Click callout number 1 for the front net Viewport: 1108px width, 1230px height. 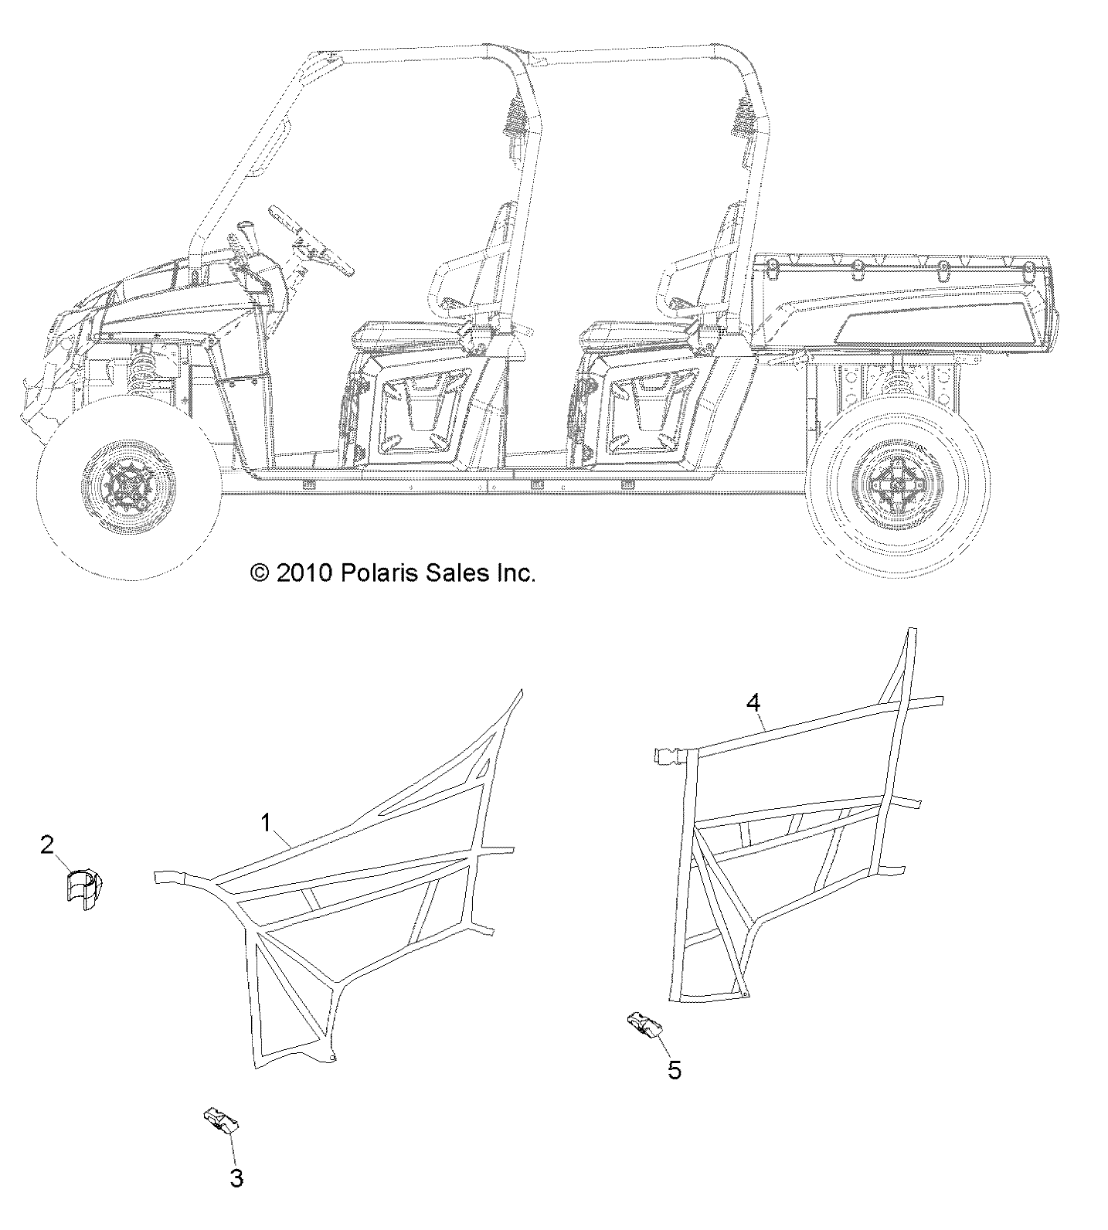[267, 824]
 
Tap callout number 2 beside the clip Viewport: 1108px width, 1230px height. [47, 845]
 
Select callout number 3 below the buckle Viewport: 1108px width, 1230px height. [237, 1179]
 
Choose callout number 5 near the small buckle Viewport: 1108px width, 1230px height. [674, 1071]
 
